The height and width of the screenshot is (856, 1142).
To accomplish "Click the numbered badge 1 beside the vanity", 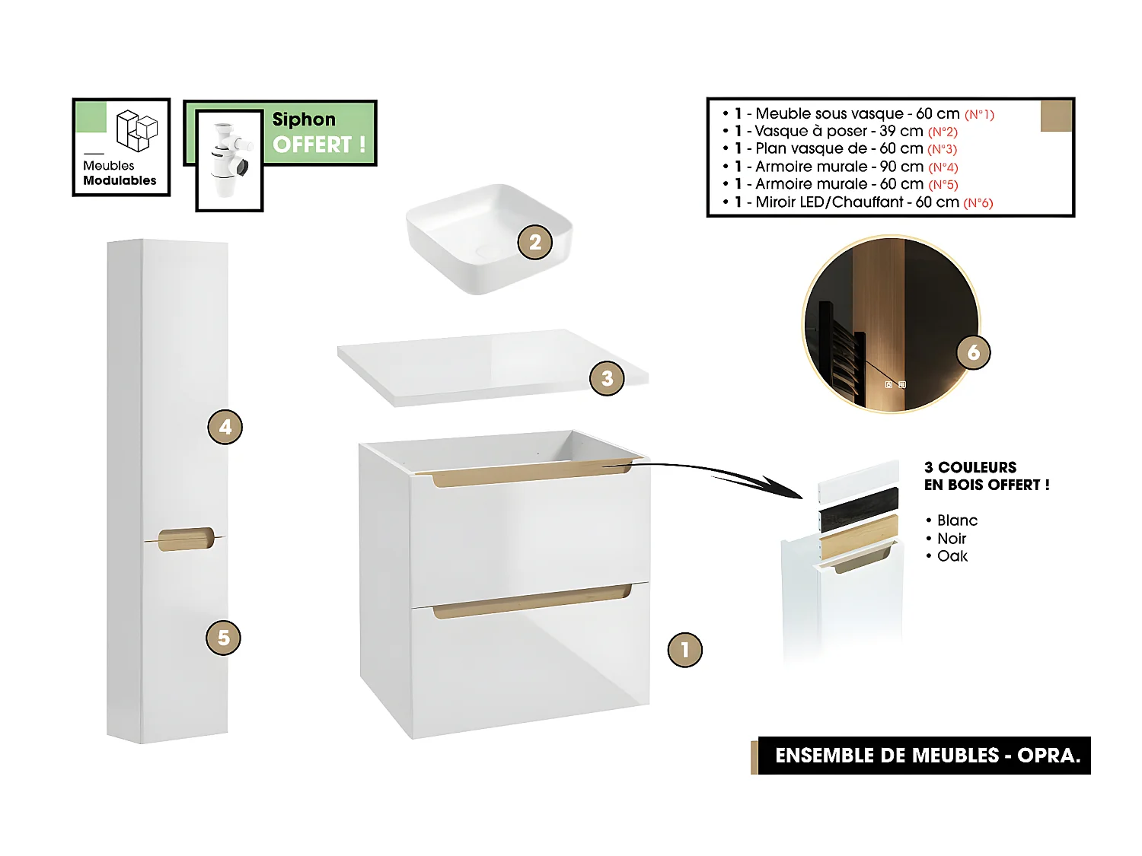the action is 684,650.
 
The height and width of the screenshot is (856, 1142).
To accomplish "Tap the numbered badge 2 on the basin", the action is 534,242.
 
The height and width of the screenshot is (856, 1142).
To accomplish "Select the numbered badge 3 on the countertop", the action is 607,378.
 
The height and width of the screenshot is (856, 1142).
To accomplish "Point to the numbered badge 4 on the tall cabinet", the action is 225,427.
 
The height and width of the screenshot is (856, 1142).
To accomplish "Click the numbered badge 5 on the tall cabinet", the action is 223,638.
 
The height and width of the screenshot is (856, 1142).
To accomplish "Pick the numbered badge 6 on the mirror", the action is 973,352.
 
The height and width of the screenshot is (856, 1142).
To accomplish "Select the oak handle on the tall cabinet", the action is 186,538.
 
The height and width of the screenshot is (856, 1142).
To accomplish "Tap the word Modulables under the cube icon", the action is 120,180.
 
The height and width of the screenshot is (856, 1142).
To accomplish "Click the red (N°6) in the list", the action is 978,203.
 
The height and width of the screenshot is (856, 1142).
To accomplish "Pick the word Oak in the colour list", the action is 952,556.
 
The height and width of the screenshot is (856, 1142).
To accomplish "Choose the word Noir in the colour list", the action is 952,539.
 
